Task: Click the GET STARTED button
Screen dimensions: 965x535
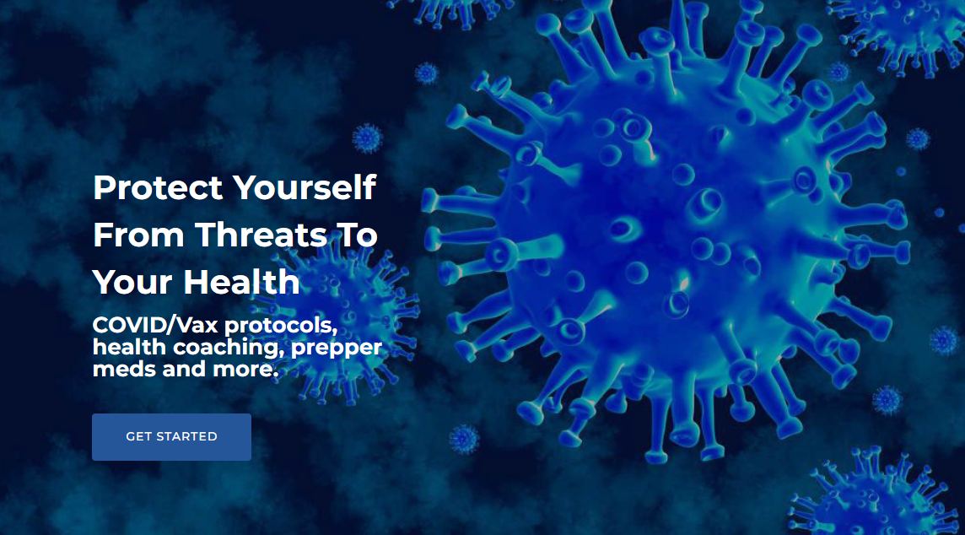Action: point(172,437)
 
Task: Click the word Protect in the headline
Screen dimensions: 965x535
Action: point(158,188)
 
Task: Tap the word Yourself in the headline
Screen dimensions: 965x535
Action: point(304,188)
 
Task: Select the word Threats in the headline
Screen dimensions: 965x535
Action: point(261,235)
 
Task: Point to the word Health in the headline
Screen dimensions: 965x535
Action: point(241,282)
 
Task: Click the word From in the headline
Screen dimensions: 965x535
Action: point(138,235)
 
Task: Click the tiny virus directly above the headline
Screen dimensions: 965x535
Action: point(368,138)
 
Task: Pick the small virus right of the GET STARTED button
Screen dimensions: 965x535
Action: point(464,440)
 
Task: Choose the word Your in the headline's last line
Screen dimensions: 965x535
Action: point(133,282)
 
